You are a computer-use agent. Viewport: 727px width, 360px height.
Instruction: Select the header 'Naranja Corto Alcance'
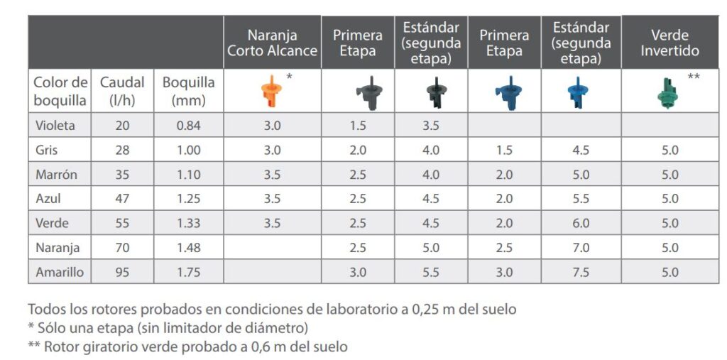coord(273,43)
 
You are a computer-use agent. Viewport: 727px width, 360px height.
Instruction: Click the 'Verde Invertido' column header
coord(669,43)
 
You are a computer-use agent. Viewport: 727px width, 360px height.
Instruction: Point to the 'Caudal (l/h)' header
coord(121,91)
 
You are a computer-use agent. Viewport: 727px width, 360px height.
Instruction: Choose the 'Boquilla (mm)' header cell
coord(188,91)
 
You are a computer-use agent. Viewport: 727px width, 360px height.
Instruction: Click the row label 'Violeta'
coord(55,126)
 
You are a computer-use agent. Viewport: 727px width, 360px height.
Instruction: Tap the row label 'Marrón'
coord(57,175)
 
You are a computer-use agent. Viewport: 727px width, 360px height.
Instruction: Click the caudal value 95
coord(122,272)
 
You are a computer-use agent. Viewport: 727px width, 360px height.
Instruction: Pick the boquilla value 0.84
coord(188,126)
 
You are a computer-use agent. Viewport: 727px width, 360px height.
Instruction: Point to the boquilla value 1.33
coord(188,223)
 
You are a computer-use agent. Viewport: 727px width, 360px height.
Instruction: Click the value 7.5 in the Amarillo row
coord(581,272)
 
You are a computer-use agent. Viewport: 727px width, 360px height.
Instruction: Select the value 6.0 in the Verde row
coord(581,223)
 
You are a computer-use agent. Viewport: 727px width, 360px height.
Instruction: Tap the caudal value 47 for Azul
coord(122,199)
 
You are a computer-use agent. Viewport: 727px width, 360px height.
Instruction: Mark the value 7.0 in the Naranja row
coord(581,248)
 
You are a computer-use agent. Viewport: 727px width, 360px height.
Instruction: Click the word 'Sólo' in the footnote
coord(53,328)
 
